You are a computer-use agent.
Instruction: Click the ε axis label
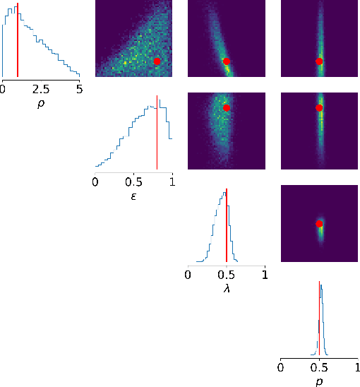pyautogui.click(x=133, y=196)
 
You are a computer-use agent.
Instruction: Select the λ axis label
pyautogui.click(x=226, y=290)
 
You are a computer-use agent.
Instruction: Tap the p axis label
pyautogui.click(x=319, y=382)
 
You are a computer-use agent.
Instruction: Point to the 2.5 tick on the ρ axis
pyautogui.click(x=41, y=89)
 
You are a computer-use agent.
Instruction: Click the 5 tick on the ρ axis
pyautogui.click(x=79, y=89)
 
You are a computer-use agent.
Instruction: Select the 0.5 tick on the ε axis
pyautogui.click(x=133, y=182)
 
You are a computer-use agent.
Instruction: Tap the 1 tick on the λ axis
pyautogui.click(x=265, y=275)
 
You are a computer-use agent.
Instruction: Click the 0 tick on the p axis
pyautogui.click(x=281, y=368)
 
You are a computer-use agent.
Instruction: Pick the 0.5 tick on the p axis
pyautogui.click(x=319, y=368)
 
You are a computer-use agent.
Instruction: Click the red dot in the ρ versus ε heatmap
pyautogui.click(x=157, y=61)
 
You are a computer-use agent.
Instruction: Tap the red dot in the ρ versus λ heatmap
pyautogui.click(x=227, y=61)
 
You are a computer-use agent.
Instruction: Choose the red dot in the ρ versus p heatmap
pyautogui.click(x=319, y=61)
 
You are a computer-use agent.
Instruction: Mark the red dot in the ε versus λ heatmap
pyautogui.click(x=227, y=108)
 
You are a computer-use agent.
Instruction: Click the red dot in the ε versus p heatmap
pyautogui.click(x=319, y=108)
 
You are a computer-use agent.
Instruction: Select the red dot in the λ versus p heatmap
pyautogui.click(x=319, y=224)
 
